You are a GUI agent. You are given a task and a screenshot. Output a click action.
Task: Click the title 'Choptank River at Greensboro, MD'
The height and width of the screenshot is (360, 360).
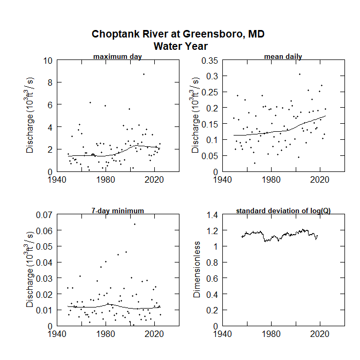[x=178, y=34]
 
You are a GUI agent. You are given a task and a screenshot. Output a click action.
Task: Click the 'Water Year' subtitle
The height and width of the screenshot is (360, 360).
[x=181, y=46]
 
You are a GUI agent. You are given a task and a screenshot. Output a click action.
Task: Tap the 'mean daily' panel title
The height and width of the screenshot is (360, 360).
[x=283, y=57]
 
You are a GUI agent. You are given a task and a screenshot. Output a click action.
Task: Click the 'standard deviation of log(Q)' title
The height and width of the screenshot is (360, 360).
[x=283, y=211]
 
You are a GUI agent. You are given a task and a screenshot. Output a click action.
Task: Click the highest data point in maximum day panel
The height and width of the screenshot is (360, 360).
[x=144, y=74]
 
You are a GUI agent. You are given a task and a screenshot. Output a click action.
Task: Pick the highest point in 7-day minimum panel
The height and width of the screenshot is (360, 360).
[x=134, y=224]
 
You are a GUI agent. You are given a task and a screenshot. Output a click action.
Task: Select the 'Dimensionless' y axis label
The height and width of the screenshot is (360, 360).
[x=197, y=270]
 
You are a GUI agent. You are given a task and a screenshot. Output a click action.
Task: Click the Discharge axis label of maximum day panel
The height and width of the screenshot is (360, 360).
[x=31, y=116]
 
